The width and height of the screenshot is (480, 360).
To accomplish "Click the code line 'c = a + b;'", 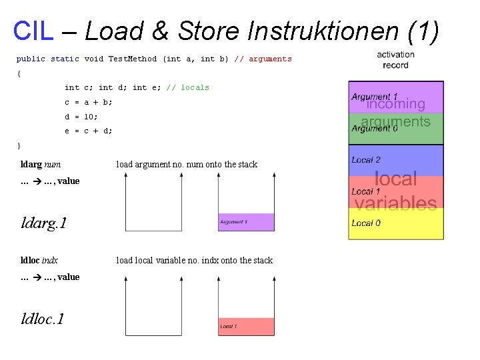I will (x=89, y=102).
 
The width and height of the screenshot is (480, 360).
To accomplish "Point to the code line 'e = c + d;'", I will (x=89, y=131).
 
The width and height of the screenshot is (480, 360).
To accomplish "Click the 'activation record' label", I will (x=395, y=60).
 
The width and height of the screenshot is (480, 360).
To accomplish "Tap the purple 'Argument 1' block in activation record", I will (x=396, y=97).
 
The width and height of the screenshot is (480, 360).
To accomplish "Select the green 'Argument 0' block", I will (x=396, y=129).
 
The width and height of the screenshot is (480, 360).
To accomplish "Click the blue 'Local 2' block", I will (x=396, y=161).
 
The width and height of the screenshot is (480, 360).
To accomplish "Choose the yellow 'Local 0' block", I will (x=396, y=224).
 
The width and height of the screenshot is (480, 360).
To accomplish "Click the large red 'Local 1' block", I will (x=396, y=192).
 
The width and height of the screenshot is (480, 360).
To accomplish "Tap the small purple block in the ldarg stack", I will (x=246, y=222).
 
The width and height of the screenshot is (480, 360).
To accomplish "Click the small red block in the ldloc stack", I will (x=246, y=327).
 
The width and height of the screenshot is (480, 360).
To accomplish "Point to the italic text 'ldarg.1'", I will (x=44, y=223).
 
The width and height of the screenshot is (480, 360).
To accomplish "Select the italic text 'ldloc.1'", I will (x=43, y=319).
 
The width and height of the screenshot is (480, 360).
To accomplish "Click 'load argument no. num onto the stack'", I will (x=187, y=165).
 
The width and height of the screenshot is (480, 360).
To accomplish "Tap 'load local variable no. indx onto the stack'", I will (x=194, y=261).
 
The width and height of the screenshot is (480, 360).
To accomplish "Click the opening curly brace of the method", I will (x=19, y=73).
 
